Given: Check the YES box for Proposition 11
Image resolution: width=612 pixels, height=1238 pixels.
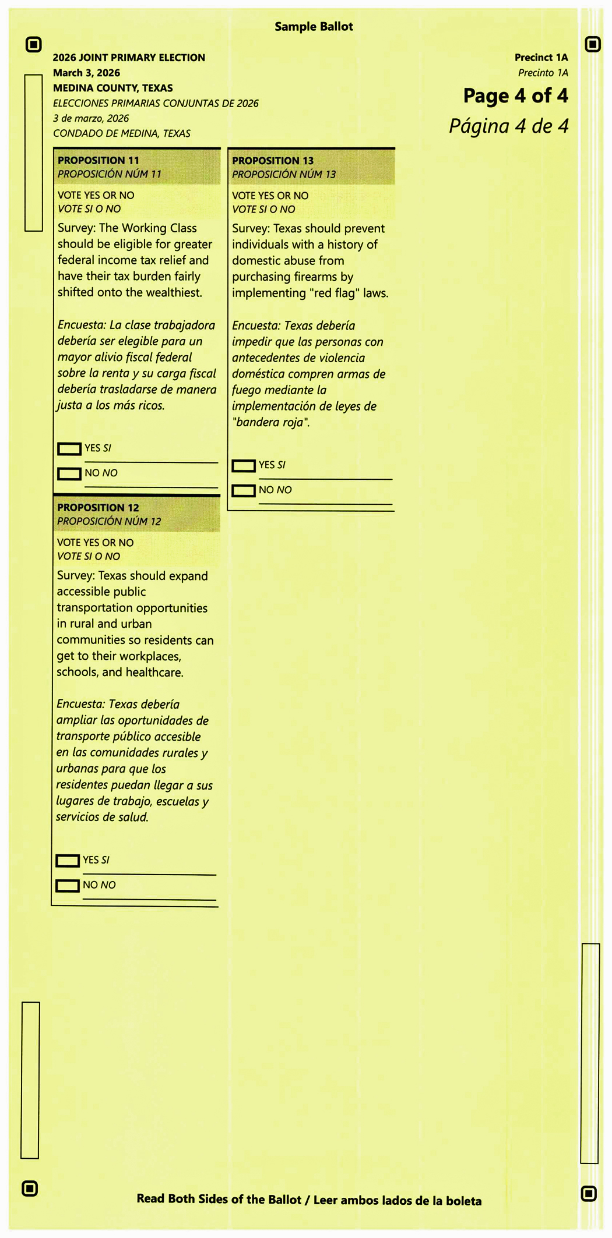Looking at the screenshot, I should [69, 449].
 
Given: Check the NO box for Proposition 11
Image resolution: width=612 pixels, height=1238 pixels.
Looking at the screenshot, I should [69, 474].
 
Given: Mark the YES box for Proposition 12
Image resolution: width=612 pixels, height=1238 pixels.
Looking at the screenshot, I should [68, 861].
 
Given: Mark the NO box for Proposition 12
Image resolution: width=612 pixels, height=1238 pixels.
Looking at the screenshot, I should [68, 886].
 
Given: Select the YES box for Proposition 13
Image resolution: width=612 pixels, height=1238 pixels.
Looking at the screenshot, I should [244, 466].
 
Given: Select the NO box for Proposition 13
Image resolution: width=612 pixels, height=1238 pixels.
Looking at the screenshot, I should [244, 491].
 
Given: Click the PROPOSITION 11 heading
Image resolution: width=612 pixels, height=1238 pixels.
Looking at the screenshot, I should [99, 160].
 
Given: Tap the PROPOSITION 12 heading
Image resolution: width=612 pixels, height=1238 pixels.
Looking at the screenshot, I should [98, 508].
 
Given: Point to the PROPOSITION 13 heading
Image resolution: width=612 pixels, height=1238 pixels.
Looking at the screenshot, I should [273, 161].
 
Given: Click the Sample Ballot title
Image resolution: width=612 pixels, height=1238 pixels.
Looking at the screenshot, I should [314, 27].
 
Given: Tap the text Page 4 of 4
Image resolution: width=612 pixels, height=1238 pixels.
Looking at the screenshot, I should [515, 96].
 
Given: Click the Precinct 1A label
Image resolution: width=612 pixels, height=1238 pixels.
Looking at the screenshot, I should [541, 58].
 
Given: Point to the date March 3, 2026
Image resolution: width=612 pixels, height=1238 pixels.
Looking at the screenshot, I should [86, 73].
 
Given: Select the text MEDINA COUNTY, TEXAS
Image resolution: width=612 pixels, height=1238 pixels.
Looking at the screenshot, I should [112, 88].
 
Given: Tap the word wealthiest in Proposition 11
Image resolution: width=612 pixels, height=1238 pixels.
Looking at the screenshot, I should [174, 292].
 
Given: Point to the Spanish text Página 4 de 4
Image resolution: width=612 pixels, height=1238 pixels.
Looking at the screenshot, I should [508, 126].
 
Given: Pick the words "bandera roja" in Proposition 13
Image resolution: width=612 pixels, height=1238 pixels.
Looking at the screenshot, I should [270, 423].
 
